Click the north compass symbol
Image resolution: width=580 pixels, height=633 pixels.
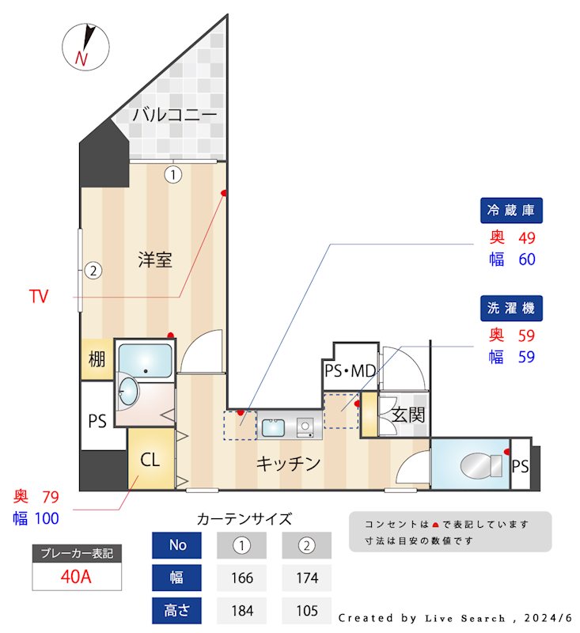point(85,45)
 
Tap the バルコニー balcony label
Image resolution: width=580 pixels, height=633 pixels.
point(174,115)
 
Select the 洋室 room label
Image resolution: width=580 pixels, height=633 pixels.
point(155,259)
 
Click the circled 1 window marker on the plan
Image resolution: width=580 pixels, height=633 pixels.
point(173,174)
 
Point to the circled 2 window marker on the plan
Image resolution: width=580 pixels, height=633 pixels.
point(93,271)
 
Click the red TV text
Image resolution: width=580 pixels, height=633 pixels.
point(39,297)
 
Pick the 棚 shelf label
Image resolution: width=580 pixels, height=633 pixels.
point(97,360)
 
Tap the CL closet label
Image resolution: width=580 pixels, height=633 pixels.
point(151,459)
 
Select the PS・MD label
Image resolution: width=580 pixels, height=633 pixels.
point(350,370)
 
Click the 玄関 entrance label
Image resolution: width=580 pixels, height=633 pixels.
point(409,414)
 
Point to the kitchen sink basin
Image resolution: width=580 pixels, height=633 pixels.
point(273,428)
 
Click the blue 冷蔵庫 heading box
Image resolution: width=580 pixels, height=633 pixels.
point(512,210)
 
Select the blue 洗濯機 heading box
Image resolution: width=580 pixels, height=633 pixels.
point(512,307)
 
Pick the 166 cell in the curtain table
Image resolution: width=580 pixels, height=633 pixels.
point(241,578)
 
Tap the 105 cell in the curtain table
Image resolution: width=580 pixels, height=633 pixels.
point(306,611)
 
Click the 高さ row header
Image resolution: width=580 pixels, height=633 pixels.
point(177,611)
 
